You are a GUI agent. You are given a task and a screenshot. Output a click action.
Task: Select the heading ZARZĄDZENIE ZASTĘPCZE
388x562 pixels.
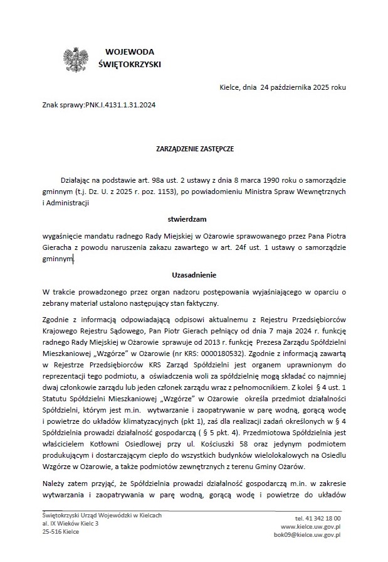pos(194,150)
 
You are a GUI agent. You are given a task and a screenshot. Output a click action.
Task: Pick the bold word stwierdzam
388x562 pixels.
pos(194,219)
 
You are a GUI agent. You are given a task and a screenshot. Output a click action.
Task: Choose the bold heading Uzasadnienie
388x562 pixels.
pos(194,274)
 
